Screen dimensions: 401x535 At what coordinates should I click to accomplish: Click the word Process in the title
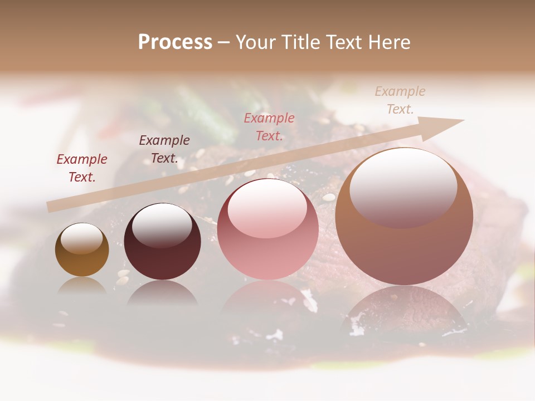click(175, 42)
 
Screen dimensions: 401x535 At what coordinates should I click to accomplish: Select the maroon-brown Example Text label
click(164, 149)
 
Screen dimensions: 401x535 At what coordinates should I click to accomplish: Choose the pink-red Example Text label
click(269, 127)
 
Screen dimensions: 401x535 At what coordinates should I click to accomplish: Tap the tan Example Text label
click(400, 100)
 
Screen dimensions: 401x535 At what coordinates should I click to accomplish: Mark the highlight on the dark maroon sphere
click(162, 224)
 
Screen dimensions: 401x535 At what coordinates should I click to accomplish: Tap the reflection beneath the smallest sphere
click(82, 286)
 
